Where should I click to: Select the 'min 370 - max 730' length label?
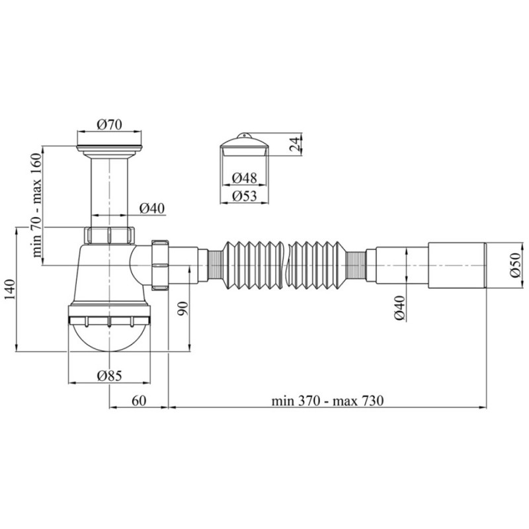pos(327,401)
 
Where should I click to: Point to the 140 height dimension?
pos(9,290)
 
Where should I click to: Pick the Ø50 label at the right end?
pos(516,266)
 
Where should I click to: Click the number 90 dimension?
pos(184,308)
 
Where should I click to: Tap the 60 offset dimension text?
pos(138,401)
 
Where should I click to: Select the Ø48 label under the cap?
pos(245,177)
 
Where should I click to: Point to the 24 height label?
pos(296,143)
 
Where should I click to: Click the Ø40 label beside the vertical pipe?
pos(151,208)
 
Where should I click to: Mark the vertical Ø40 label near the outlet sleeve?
pos(400,308)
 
